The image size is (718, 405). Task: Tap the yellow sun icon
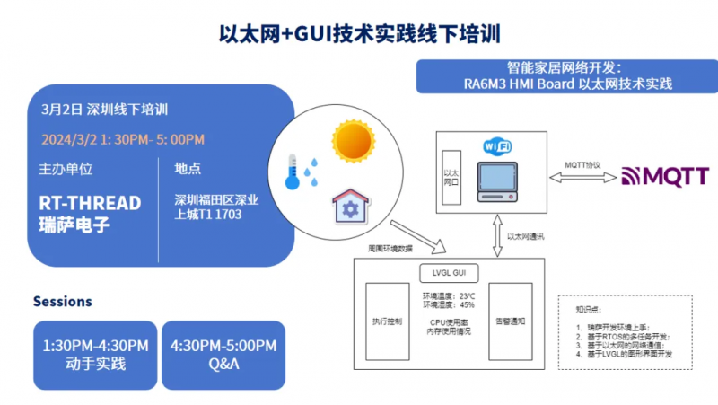tap(353, 140)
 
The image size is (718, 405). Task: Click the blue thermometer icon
tap(292, 171)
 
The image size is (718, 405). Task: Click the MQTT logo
tap(664, 177)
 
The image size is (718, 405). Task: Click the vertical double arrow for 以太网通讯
tap(496, 236)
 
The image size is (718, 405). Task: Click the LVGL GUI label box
tap(450, 271)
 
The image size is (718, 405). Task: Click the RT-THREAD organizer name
tap(90, 203)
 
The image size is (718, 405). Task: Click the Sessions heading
tap(62, 301)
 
